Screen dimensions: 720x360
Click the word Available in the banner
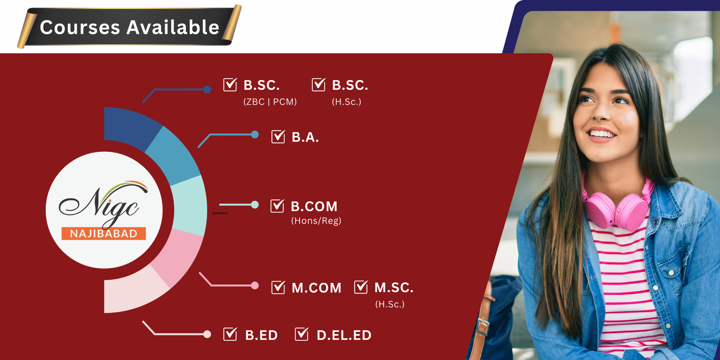[x=173, y=27]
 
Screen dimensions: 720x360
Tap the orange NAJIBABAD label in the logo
[x=103, y=233]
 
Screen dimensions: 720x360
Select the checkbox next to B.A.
[x=278, y=137]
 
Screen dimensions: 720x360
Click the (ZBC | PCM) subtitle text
[x=270, y=102]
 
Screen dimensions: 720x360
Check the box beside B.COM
[x=277, y=206]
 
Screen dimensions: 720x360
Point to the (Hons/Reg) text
[x=316, y=221]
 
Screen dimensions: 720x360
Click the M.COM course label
[x=316, y=288]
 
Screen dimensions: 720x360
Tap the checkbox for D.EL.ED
[x=302, y=334]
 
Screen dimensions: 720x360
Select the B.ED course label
[x=261, y=335]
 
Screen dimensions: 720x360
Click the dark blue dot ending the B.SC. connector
[x=207, y=89]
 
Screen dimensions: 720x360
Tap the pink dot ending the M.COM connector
[x=255, y=285]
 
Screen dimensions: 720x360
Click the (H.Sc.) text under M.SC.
[x=390, y=304]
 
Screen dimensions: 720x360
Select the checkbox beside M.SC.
[x=361, y=287]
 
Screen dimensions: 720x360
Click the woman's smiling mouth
[x=602, y=134]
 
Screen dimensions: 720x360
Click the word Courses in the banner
[x=80, y=27]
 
